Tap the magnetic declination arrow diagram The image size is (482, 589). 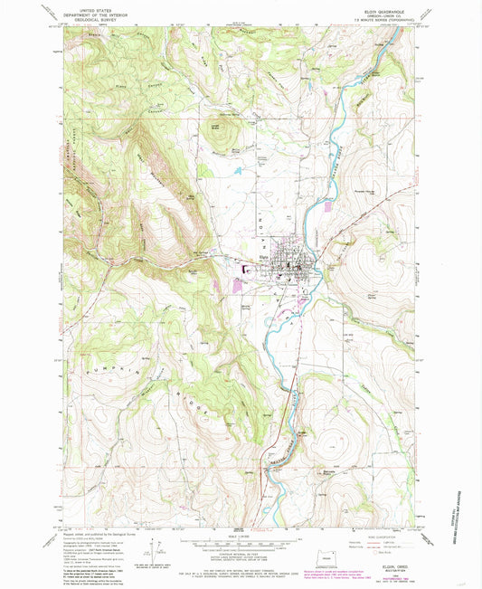point(160,552)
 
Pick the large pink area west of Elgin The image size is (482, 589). point(238,287)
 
